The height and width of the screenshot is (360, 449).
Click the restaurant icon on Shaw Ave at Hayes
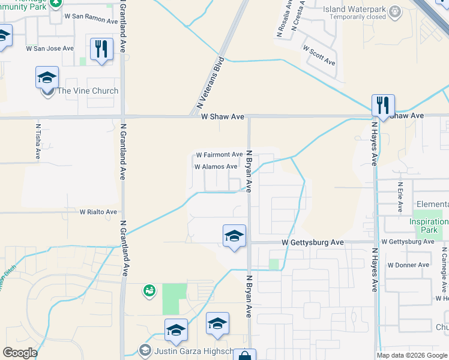click(x=382, y=106)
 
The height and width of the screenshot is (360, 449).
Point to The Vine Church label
click(x=88, y=91)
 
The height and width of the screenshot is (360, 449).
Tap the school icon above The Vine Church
click(x=47, y=77)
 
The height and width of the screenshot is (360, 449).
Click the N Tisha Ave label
click(x=38, y=142)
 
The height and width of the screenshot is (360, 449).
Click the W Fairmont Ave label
click(x=219, y=155)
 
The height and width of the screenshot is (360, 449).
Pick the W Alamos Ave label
click(x=215, y=167)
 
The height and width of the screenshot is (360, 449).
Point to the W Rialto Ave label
click(x=98, y=212)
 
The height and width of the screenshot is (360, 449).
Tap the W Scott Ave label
click(x=319, y=55)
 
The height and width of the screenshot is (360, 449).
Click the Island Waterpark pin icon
click(x=394, y=11)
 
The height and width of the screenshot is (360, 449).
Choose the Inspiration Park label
click(x=429, y=226)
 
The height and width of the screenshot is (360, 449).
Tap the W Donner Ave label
click(x=408, y=265)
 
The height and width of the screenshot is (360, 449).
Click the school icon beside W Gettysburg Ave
click(x=234, y=236)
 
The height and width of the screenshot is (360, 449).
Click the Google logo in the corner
click(x=20, y=353)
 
